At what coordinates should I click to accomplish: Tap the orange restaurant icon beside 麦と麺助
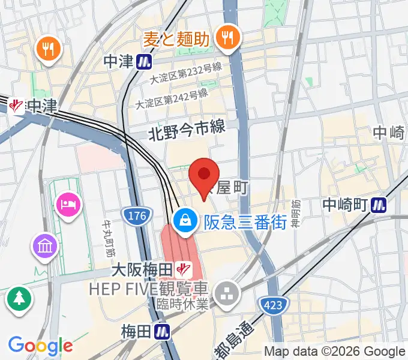pyautogui.click(x=227, y=38)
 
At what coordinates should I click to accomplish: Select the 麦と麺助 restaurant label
pyautogui.click(x=176, y=40)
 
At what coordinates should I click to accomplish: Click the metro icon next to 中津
pyautogui.click(x=144, y=61)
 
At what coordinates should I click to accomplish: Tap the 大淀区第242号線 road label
pyautogui.click(x=172, y=98)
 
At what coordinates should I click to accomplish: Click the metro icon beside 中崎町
pyautogui.click(x=379, y=205)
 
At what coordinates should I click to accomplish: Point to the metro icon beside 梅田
pyautogui.click(x=161, y=331)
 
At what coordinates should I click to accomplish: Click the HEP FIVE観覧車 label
pyautogui.click(x=148, y=289)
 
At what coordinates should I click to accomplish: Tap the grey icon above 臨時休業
pyautogui.click(x=228, y=293)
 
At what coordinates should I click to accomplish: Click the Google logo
pyautogui.click(x=40, y=346)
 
